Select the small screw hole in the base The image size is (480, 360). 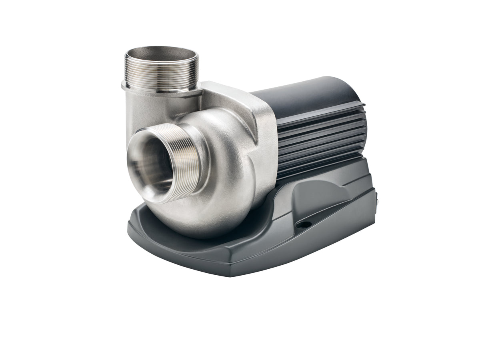305,225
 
